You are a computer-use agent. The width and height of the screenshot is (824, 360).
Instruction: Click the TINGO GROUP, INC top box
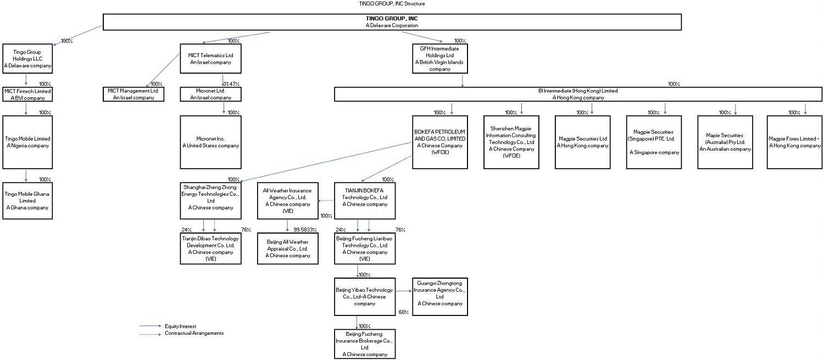coord(392,22)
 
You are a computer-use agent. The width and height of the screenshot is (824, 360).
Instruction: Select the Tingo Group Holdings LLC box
coord(27,59)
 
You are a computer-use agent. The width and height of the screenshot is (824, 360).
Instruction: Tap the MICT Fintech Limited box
coord(27,94)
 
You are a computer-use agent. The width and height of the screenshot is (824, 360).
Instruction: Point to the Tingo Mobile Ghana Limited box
coord(27,201)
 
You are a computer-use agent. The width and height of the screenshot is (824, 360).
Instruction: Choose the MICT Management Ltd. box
coord(133,94)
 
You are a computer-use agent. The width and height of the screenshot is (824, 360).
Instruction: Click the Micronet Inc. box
coord(210,142)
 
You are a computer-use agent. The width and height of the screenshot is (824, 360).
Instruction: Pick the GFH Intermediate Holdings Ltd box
coord(439,59)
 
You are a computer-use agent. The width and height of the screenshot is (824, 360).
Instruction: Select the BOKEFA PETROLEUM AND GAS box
coord(440,142)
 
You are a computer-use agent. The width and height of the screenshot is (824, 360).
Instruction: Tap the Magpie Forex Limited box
coord(794,142)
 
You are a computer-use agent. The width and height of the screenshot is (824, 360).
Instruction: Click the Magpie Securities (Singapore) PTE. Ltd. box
coord(654,142)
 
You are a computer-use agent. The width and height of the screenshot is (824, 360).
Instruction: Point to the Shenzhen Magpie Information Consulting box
coord(511,142)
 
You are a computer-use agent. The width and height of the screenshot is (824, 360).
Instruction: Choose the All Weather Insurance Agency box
coord(288,201)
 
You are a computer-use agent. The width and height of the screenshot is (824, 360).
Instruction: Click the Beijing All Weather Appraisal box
coord(288,249)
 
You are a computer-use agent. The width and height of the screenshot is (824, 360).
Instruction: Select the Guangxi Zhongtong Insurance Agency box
coord(439,297)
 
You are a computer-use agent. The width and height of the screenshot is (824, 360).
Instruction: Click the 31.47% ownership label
coord(232,84)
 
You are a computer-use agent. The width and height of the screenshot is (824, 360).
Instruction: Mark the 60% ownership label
coord(404,312)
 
